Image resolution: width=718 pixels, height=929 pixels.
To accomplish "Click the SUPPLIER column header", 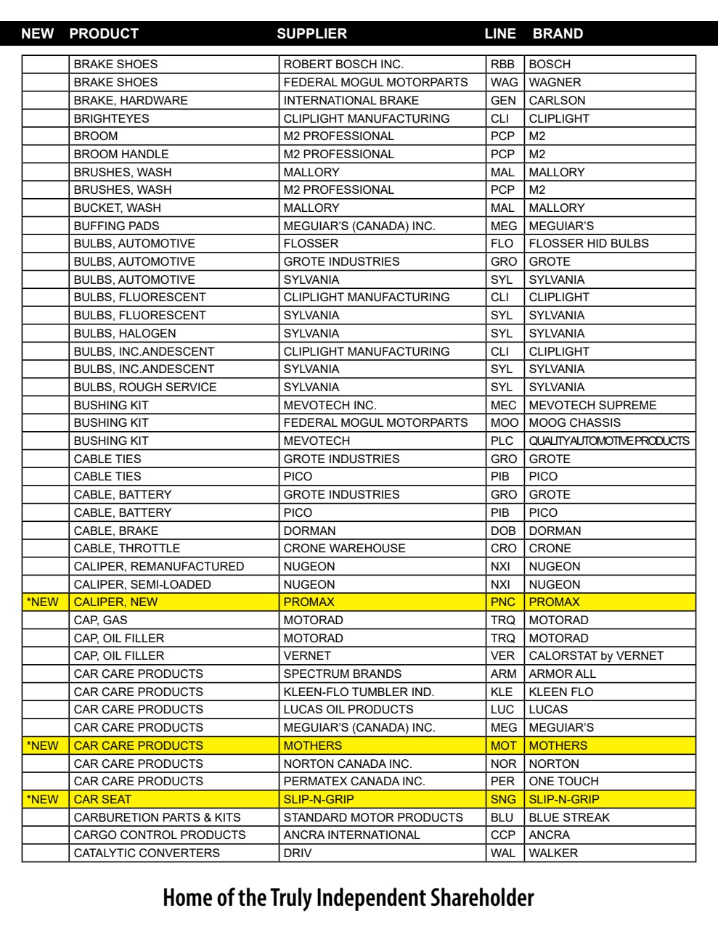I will [312, 33].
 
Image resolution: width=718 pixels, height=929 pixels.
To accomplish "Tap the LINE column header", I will [500, 33].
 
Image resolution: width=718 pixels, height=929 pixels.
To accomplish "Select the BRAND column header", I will [558, 33].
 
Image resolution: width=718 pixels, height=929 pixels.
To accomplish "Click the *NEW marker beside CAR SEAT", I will [43, 799].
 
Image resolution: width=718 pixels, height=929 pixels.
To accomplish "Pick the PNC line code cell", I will [502, 602].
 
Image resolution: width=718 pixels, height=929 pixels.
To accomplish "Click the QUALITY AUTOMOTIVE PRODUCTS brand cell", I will [608, 441].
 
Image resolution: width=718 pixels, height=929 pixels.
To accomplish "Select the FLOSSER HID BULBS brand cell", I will [588, 243].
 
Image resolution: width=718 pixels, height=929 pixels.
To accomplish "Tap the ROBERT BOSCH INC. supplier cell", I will [343, 64].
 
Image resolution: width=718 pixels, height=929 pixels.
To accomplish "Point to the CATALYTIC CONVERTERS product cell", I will [147, 853].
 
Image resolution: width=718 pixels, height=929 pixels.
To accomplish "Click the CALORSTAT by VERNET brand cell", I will [596, 655].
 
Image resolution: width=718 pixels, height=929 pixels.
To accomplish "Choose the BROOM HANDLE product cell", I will [121, 154].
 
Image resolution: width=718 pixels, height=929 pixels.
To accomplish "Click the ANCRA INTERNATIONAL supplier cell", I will [351, 835].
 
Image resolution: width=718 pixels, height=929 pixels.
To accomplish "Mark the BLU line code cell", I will [502, 817].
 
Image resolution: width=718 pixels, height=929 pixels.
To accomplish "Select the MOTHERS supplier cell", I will [312, 745].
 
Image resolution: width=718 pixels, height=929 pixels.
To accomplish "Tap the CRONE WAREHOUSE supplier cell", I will [344, 548].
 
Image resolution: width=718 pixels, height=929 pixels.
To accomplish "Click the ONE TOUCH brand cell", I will [563, 781].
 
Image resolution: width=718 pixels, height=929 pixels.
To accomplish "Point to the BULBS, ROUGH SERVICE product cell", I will [145, 387].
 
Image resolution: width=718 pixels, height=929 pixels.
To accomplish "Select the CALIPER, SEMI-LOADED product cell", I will [142, 584].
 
